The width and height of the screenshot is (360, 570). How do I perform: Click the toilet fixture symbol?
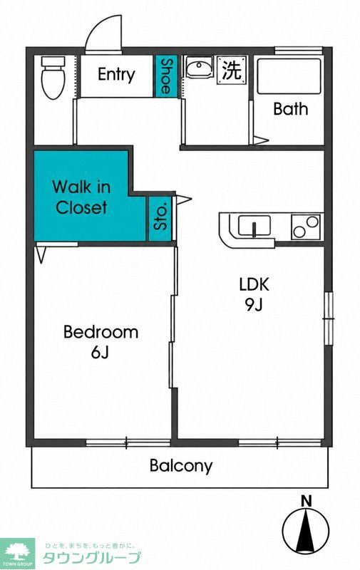coord(53,78)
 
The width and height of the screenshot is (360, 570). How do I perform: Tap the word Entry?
coord(116,75)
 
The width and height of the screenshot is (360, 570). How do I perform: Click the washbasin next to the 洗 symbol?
coord(199,68)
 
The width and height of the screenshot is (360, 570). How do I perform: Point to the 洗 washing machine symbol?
coord(232,70)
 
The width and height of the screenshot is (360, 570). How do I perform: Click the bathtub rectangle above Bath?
coord(289,76)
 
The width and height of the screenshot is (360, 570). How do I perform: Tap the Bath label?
coord(291,109)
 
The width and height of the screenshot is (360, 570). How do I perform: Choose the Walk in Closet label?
coord(81,197)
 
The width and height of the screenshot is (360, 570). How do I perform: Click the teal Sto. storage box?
coord(160,219)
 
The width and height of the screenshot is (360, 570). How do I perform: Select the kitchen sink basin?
coord(254,225)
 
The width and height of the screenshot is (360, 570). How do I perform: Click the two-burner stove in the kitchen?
coord(307,227)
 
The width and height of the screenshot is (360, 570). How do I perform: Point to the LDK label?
coord(254,284)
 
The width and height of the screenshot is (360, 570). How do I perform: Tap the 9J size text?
coord(254,305)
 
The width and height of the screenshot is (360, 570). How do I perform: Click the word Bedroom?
coord(101,332)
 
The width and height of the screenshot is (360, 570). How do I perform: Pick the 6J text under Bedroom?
coord(101,352)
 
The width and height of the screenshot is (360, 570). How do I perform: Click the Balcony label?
coord(181,466)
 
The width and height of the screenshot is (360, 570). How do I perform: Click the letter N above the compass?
coord(307,502)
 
